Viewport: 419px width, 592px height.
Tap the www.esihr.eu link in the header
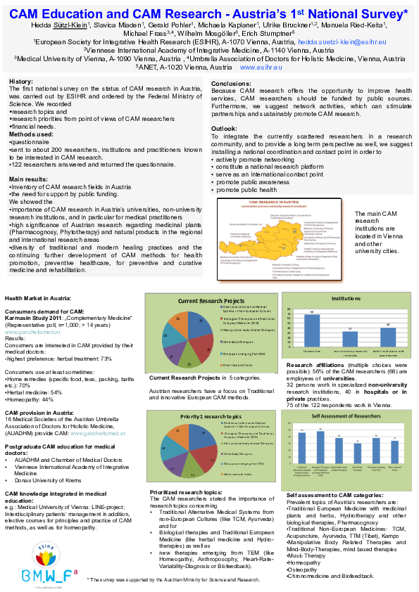(x=261, y=68)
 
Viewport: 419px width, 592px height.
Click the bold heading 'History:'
(x=22, y=82)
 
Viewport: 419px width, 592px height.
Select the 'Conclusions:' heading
(x=232, y=83)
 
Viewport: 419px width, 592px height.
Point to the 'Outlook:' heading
(x=225, y=129)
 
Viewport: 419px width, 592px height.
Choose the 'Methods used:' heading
(x=32, y=134)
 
